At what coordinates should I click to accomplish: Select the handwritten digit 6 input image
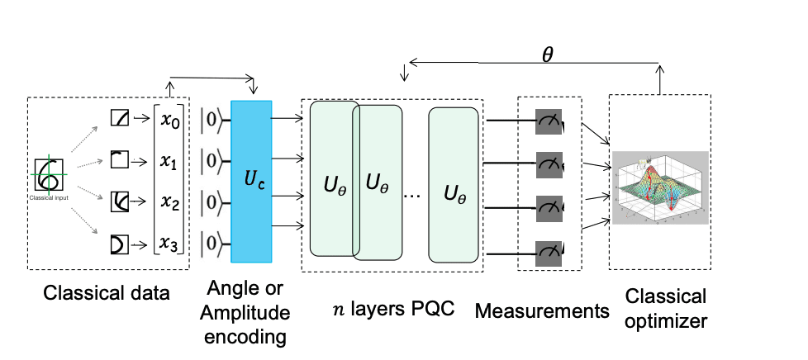[x=49, y=174]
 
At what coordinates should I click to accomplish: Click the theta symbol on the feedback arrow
[x=547, y=55]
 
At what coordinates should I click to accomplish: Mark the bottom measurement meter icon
[x=548, y=249]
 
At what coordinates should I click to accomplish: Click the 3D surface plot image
[x=660, y=187]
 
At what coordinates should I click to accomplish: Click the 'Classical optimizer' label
[x=666, y=308]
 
